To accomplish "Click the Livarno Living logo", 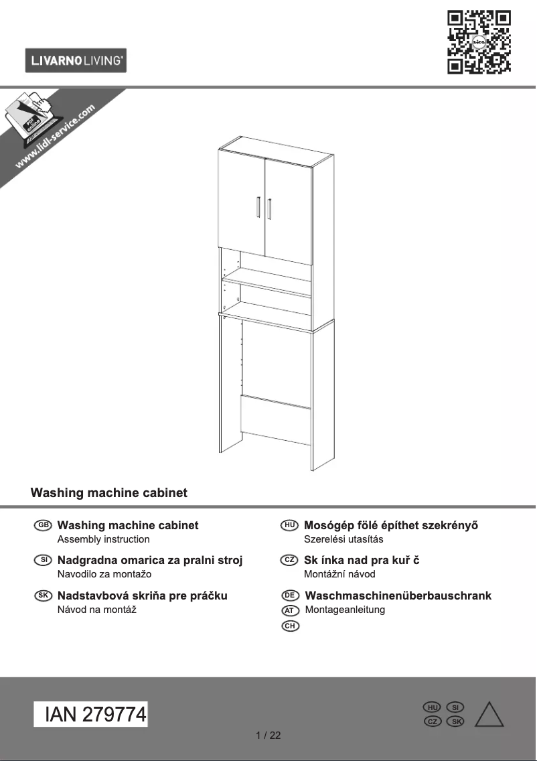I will coord(76,60).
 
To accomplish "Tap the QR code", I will coord(479,42).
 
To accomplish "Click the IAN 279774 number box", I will coord(90,715).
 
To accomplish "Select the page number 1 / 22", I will coord(268,736).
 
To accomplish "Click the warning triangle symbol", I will coord(489,715).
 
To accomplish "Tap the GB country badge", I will coord(42,525).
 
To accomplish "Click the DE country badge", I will coord(289,596).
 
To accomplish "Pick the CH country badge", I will coord(289,626).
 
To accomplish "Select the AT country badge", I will coord(289,610).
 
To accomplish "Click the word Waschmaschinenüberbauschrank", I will coord(398,596).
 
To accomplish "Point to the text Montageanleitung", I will coord(345,610).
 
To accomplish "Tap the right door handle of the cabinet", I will coord(269,208).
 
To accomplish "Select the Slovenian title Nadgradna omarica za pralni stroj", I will coord(150,560).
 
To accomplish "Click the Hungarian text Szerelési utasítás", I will coord(343,539).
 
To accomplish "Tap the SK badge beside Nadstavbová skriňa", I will coord(42,595).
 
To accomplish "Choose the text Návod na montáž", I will coord(97,609).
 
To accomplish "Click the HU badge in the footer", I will coord(432,707).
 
